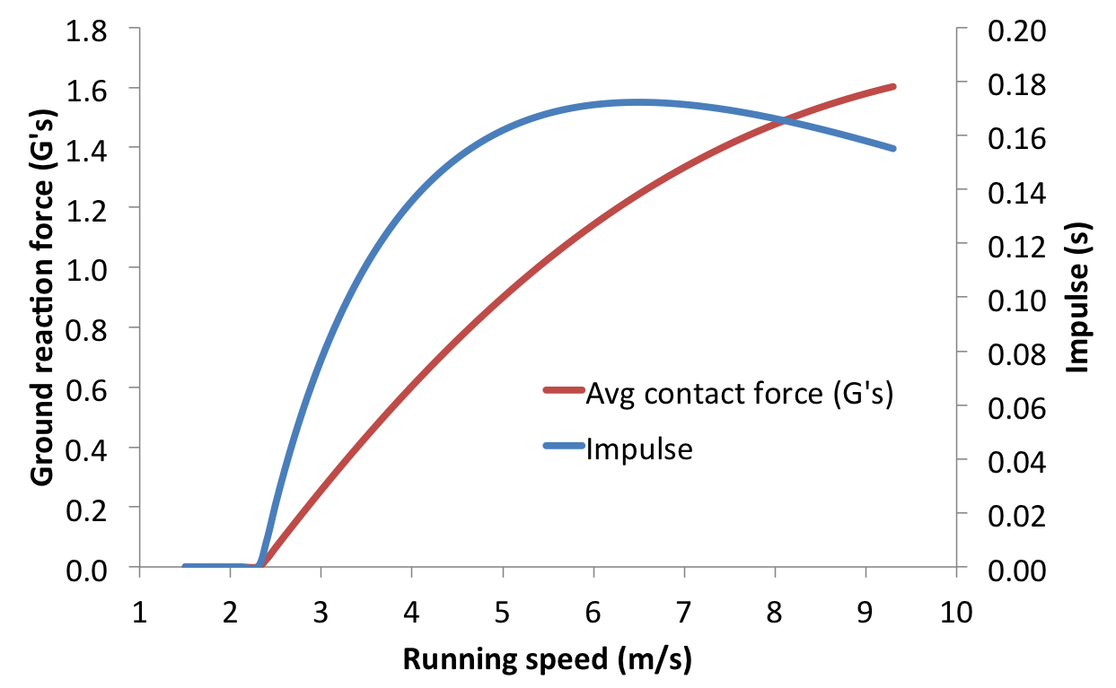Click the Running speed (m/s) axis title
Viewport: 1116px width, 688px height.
(548, 660)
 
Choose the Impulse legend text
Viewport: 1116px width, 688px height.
(638, 448)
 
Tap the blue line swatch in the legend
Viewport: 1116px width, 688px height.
(563, 445)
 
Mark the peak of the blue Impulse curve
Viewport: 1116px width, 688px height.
(637, 102)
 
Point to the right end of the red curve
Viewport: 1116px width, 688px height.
(894, 86)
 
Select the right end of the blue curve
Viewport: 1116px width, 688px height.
(894, 148)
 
